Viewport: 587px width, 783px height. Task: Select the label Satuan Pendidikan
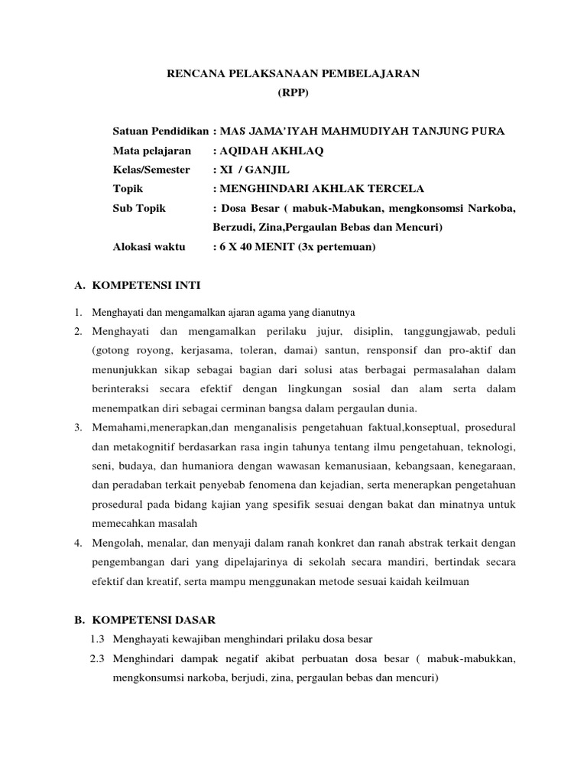161,132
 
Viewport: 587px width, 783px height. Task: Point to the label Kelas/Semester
151,170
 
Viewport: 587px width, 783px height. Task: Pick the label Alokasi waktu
149,247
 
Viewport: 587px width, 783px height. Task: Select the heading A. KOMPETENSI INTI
137,286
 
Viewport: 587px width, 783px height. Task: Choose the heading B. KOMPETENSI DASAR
142,620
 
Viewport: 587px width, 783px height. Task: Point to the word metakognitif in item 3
144,446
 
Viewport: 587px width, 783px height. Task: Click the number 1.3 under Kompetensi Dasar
96,639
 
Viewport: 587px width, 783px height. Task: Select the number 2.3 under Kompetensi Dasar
96,658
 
